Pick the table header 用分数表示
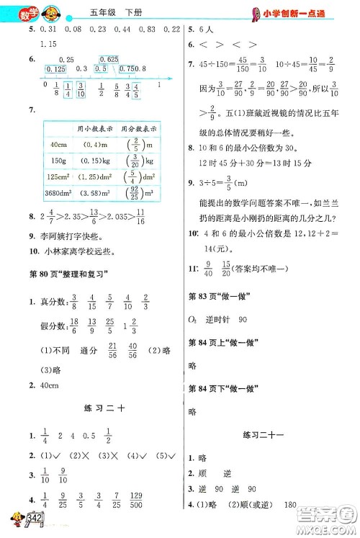click(x=140, y=130)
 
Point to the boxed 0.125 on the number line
click(x=55, y=68)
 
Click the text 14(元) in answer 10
click(x=212, y=268)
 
